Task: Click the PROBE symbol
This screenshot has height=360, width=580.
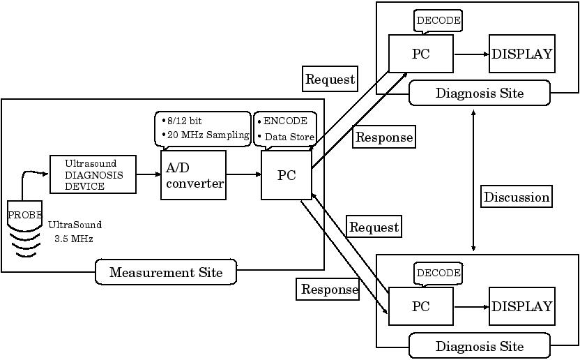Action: pos(24,215)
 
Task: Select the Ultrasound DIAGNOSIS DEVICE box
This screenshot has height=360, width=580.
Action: pos(93,174)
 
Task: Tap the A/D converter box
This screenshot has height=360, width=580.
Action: pos(193,175)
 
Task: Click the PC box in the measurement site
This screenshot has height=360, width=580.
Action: pos(287,175)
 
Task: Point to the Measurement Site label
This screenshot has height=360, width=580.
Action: pos(166,272)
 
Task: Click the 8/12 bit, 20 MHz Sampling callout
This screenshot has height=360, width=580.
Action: pos(202,128)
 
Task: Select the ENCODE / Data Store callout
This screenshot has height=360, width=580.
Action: pos(285,128)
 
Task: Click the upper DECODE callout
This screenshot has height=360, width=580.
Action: pos(438,21)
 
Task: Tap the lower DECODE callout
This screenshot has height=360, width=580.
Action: pos(438,273)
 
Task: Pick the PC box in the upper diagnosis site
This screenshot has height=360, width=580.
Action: pos(420,54)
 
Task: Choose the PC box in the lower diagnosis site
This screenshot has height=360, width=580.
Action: pos(420,306)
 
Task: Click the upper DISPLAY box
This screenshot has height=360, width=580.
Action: pos(521,54)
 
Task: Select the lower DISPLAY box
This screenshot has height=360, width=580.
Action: pos(521,306)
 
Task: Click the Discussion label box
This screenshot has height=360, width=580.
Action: pos(517,197)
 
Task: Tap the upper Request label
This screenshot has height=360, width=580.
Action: pos(330,80)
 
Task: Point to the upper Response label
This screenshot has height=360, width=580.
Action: pos(384,137)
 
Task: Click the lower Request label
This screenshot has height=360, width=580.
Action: pos(374,227)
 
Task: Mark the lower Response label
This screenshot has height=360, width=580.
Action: pos(329,290)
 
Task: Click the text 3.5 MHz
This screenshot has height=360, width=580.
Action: pos(74,239)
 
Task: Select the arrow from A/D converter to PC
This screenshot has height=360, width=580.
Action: pos(243,175)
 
